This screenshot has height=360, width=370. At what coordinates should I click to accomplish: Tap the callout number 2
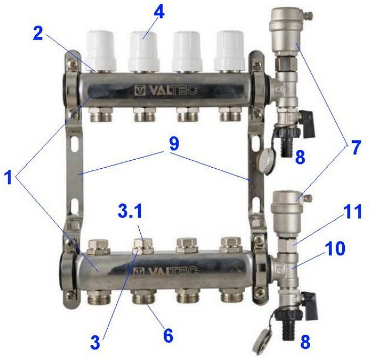(38, 33)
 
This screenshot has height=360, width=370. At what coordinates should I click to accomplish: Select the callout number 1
(9, 177)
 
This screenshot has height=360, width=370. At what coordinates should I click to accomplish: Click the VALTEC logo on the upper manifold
(166, 90)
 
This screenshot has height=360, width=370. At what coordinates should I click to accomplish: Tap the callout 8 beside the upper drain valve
(300, 157)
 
